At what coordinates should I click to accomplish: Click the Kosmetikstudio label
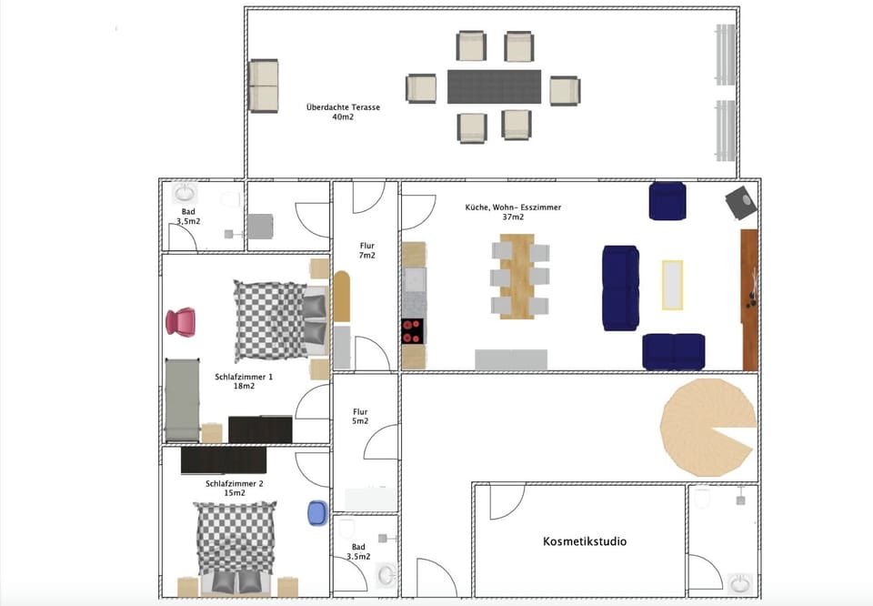tap(585, 541)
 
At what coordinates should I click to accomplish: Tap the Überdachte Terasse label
tap(343, 112)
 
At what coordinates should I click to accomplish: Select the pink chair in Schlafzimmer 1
tap(180, 321)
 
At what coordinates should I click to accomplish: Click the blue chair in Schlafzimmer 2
tap(317, 513)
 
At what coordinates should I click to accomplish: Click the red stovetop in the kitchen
tap(413, 331)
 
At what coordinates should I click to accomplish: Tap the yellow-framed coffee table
tap(671, 285)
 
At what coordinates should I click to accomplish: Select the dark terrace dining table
tap(494, 87)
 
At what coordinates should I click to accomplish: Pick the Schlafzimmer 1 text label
tap(243, 381)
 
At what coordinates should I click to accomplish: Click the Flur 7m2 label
tap(366, 251)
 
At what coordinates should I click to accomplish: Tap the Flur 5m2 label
tap(360, 416)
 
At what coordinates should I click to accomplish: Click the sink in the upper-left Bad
tap(186, 192)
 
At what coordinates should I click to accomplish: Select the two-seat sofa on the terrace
tap(263, 86)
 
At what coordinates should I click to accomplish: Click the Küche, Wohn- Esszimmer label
tap(513, 212)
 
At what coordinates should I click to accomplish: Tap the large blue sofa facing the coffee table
tap(621, 288)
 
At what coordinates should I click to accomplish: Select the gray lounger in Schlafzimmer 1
tap(182, 399)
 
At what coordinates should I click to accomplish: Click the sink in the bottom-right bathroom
tap(740, 581)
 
